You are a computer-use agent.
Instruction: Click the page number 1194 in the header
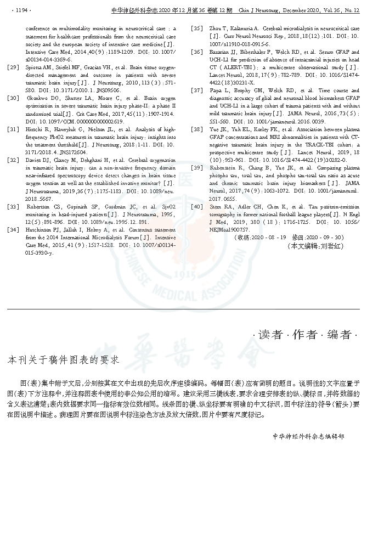[x=22, y=10]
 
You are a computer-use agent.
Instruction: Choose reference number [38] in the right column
[x=196, y=129]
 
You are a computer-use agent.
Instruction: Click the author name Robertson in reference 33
[x=38, y=207]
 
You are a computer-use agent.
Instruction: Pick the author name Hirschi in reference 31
[x=34, y=129]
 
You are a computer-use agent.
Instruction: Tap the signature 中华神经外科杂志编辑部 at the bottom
[x=308, y=436]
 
